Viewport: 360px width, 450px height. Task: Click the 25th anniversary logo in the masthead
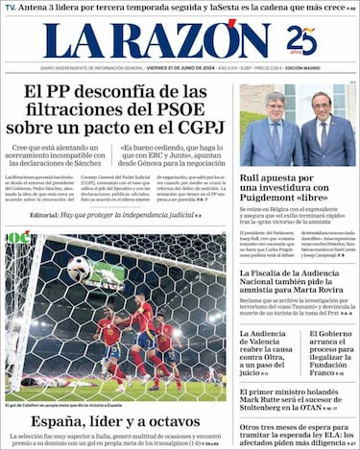click(x=301, y=41)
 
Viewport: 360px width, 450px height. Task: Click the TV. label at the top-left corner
click(x=11, y=8)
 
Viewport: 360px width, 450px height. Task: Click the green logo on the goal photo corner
click(x=18, y=237)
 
